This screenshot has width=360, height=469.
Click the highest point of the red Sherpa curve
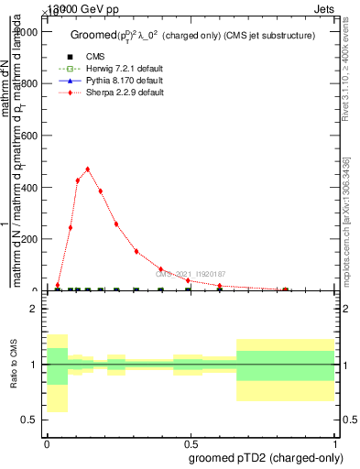(x=88, y=169)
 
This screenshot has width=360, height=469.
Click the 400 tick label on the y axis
(x=29, y=188)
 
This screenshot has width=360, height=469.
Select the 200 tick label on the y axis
(x=29, y=239)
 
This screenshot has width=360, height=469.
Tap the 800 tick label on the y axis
(x=29, y=84)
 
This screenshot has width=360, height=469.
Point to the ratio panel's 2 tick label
(x=33, y=309)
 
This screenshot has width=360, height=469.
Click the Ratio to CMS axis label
(x=14, y=364)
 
